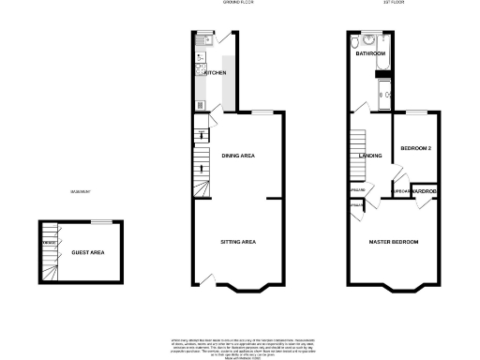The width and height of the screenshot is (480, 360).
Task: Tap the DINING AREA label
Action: [x=239, y=155]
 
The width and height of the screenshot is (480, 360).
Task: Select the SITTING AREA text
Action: [x=238, y=242]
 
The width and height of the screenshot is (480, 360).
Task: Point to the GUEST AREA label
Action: [x=87, y=252]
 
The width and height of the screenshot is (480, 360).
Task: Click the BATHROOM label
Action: [x=370, y=54]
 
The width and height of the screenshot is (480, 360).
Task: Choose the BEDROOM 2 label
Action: [x=415, y=148]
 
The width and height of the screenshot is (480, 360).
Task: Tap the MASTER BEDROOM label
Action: [x=394, y=243]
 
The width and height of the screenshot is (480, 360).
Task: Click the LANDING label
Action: [x=370, y=156]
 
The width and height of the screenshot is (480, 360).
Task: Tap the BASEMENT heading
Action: [x=81, y=193]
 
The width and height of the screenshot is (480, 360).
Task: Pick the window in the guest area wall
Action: [x=101, y=221]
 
